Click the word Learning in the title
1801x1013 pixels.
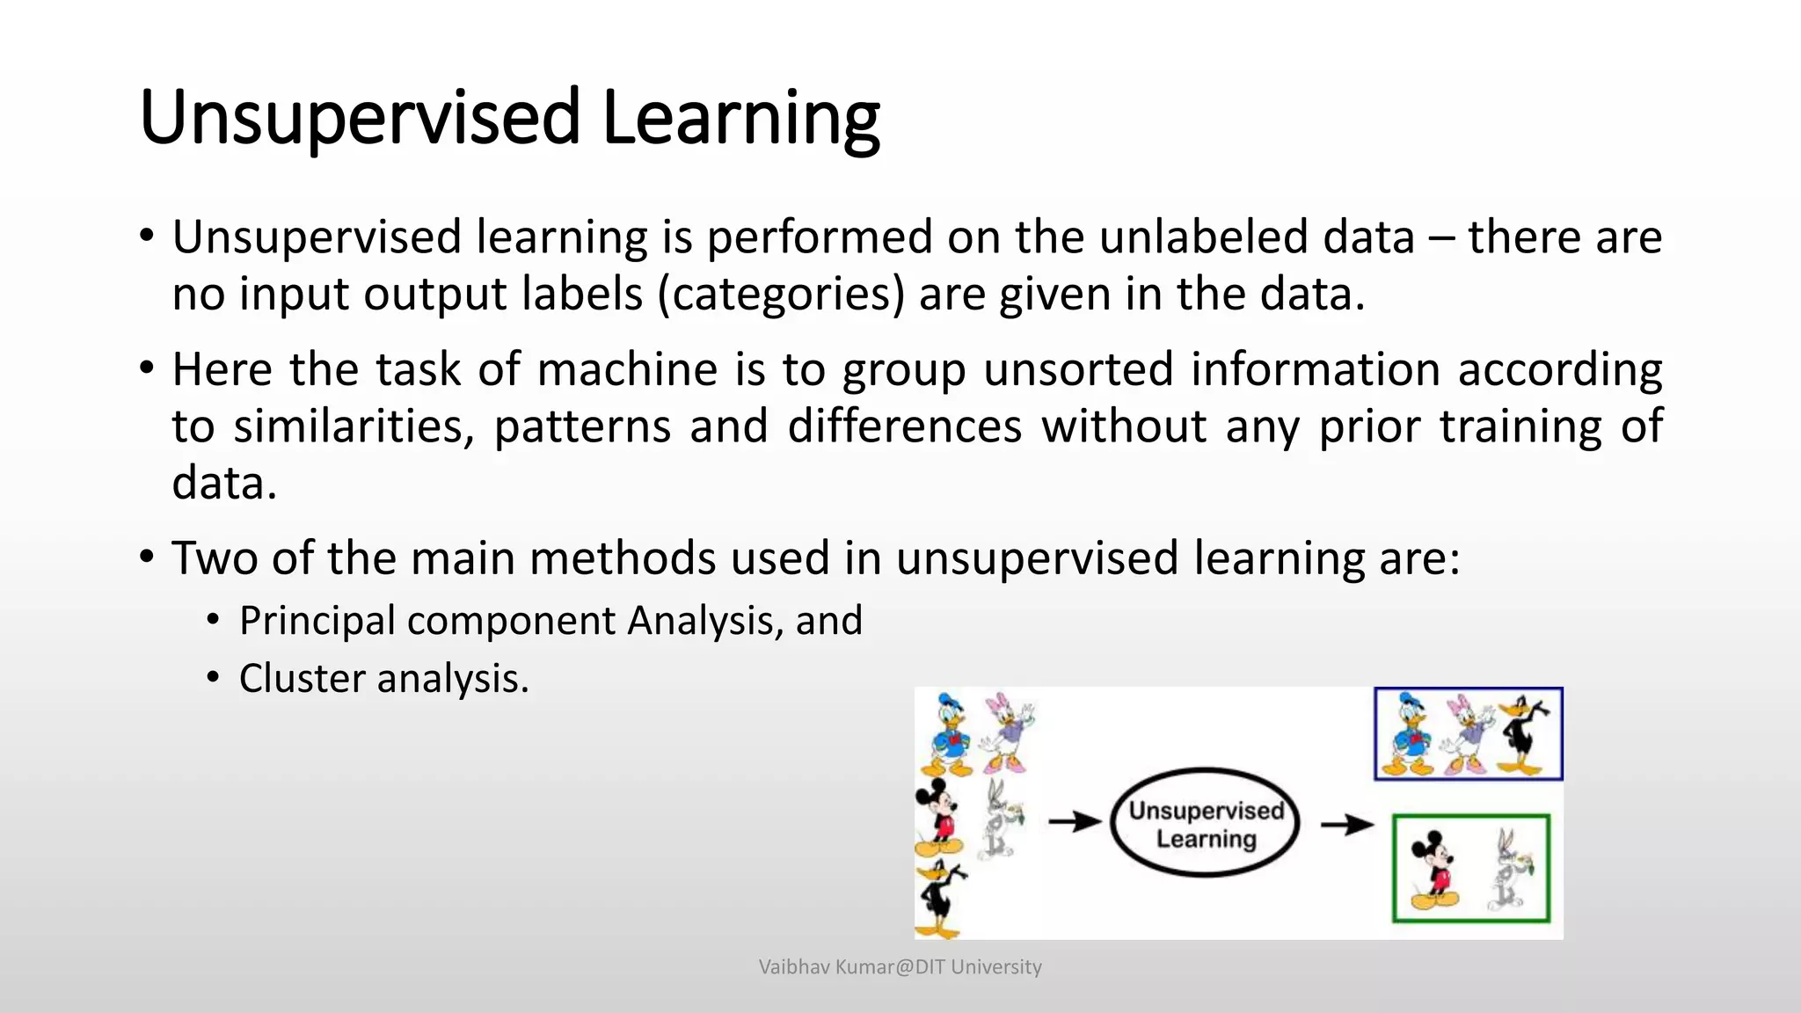[740, 119]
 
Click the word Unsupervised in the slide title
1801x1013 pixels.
[360, 119]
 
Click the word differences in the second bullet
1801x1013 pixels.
[904, 426]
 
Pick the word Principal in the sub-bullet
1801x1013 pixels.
[317, 622]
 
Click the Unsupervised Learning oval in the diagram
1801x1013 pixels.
[1205, 823]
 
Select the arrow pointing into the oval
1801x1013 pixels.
[1075, 822]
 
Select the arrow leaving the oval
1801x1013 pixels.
[1346, 825]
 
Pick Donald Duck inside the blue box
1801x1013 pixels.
[1409, 734]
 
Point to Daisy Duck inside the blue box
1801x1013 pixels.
[1467, 734]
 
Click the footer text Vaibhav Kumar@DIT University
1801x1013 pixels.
[900, 967]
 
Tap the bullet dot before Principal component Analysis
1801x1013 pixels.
[213, 621]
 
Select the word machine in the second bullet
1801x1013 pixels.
[627, 369]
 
